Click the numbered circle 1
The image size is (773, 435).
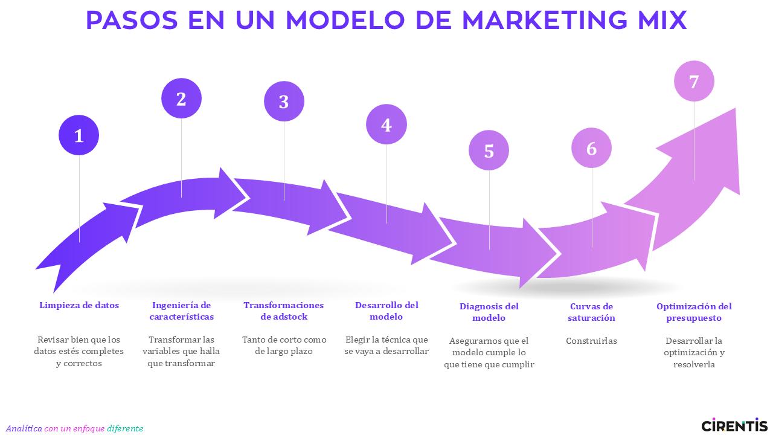point(79,135)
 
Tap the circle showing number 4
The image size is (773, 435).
point(386,124)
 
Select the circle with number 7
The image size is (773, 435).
point(694,81)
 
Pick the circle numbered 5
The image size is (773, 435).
point(489,150)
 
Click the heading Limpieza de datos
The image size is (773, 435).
point(79,305)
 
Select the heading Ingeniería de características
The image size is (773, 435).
point(182,311)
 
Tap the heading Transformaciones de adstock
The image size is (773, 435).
point(284,311)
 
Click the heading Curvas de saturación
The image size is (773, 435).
point(591,312)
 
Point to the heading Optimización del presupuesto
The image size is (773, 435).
point(694,312)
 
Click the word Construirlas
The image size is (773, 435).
point(591,341)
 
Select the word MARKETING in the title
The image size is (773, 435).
point(545,20)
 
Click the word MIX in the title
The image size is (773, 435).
point(662,20)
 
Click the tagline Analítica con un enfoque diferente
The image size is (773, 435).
point(74,428)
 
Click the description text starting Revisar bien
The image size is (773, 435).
point(79,352)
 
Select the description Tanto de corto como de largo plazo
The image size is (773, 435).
point(284,345)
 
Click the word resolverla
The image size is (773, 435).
point(694,364)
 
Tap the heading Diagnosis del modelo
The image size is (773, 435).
point(489,312)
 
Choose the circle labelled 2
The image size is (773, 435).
point(181,98)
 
